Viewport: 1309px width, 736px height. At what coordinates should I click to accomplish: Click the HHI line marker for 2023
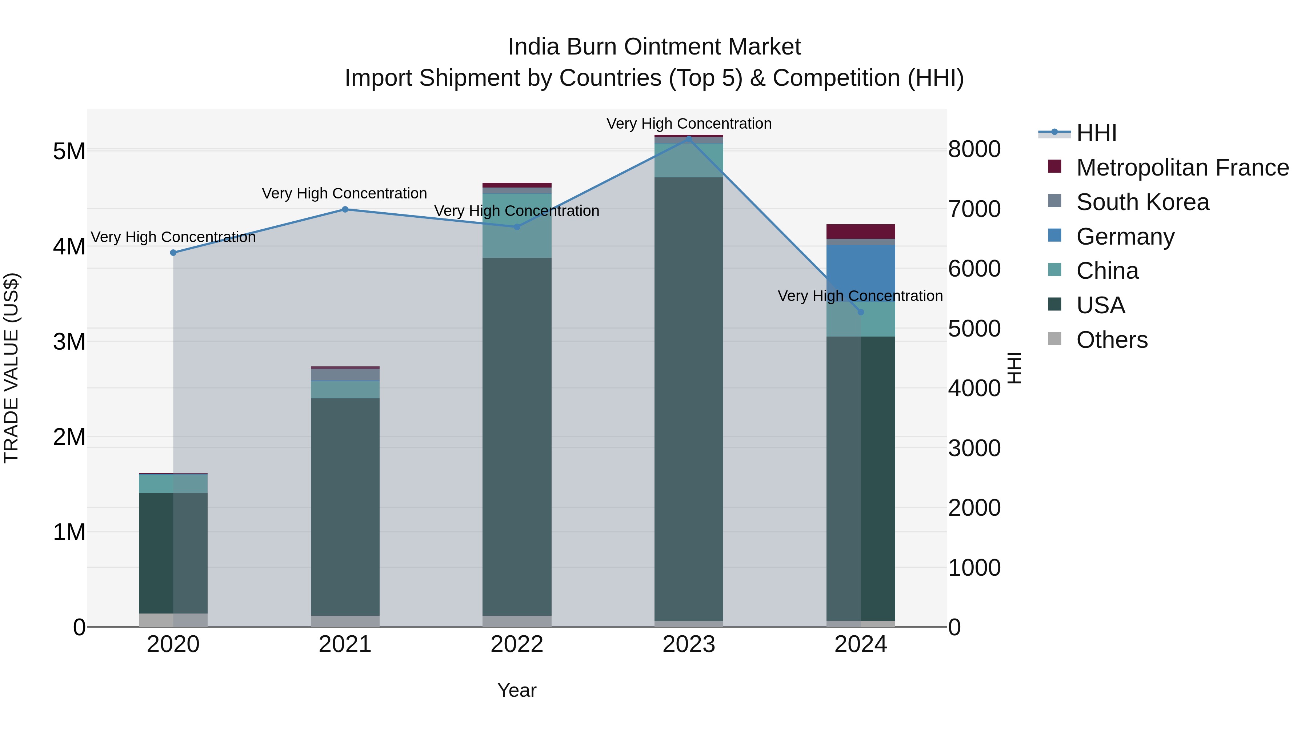(x=689, y=138)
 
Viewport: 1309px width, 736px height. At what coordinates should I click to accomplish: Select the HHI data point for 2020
(x=173, y=253)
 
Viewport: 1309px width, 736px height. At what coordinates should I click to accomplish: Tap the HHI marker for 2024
(x=860, y=312)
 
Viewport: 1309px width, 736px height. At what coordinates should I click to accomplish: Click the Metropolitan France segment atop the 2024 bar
(x=860, y=232)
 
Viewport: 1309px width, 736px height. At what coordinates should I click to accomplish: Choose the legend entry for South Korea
(x=1142, y=202)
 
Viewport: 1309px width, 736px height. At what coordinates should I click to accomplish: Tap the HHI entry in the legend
(x=1096, y=133)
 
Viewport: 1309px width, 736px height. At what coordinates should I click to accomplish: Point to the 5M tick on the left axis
(x=69, y=151)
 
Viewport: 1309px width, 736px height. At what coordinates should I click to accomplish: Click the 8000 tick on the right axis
(x=974, y=149)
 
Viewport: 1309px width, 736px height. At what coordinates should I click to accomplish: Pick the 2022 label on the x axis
(x=517, y=644)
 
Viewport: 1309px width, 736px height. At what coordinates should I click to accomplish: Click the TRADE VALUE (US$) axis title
(x=12, y=368)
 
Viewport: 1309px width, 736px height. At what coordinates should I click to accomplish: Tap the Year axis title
(x=517, y=690)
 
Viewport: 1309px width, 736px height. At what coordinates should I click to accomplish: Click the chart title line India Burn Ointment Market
(x=654, y=47)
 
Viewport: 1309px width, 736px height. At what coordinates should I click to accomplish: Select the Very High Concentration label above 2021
(x=345, y=193)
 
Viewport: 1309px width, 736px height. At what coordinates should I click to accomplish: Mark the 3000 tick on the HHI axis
(x=974, y=448)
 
